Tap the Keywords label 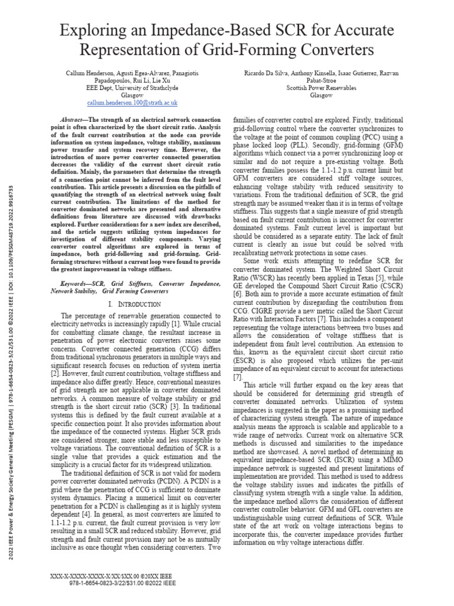click(64, 285)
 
